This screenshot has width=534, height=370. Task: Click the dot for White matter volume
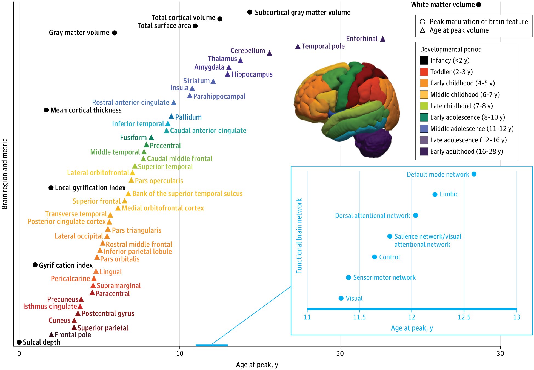pos(479,5)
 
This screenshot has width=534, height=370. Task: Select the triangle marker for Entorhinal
pos(383,39)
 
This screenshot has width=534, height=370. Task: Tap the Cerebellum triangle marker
pos(269,53)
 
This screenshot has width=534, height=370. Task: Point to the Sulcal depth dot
pos(19,342)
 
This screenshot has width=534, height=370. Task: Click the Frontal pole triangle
pos(51,334)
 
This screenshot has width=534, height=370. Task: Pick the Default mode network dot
pos(474,174)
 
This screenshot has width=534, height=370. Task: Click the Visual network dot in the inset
pos(341,298)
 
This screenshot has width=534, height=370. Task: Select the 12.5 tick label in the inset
pos(464,317)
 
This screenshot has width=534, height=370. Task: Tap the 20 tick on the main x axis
pos(340,354)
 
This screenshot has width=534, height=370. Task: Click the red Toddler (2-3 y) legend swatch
pos(424,72)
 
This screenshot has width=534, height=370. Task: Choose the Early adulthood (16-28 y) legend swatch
pos(424,151)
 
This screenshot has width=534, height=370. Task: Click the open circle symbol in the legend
pos(422,22)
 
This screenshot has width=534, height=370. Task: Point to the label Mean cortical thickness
pos(86,110)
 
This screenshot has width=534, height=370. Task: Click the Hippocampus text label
pos(252,74)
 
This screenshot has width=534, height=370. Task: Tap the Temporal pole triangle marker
pos(298,47)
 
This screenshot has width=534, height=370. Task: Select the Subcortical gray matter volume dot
pos(250,12)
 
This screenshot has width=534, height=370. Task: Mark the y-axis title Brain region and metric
pos(5,174)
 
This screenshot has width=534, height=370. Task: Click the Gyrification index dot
pos(35,265)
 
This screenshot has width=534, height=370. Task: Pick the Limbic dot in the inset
pos(435,195)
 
